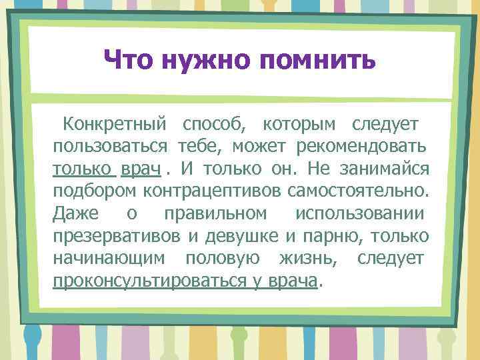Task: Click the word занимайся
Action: pyautogui.click(x=387, y=169)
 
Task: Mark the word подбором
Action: pyautogui.click(x=93, y=191)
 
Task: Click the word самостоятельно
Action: pyautogui.click(x=357, y=191)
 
